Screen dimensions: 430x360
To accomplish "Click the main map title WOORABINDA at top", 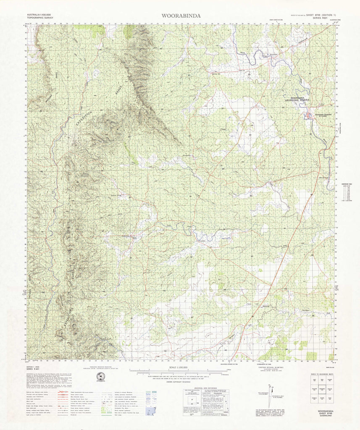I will tap(180, 16).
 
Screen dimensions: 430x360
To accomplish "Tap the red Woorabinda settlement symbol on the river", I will tap(310, 115).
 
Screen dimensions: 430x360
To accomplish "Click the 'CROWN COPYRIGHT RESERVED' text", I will tap(178, 382).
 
